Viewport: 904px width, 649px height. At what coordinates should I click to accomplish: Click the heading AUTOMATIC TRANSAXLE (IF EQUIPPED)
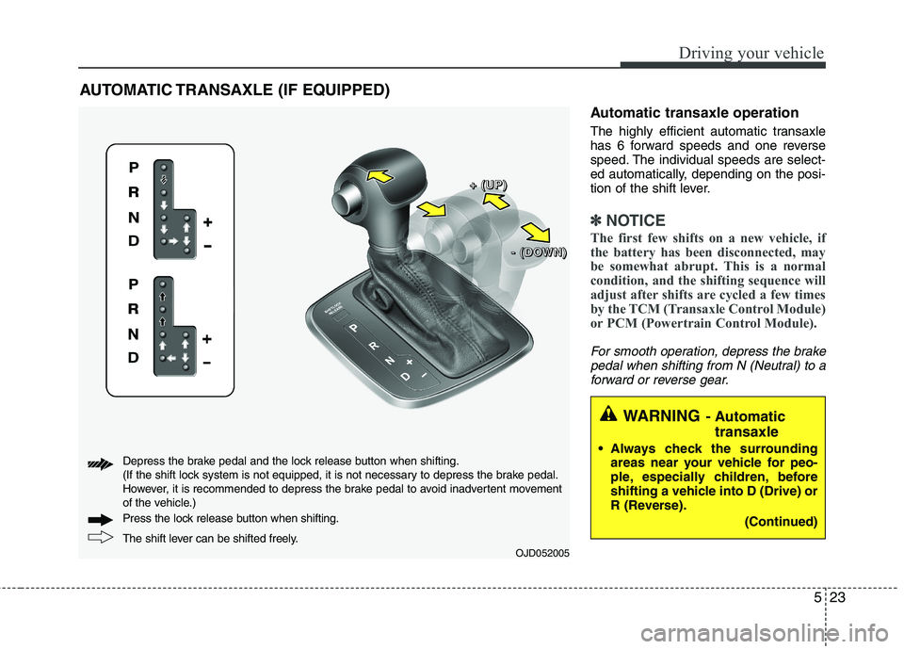(233, 91)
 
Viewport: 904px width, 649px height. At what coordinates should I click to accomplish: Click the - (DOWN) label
(533, 252)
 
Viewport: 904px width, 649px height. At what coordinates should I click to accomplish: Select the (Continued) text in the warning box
(781, 521)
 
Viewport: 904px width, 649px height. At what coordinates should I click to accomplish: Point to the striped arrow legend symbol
(99, 462)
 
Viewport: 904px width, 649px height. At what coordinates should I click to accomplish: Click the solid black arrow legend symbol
(99, 518)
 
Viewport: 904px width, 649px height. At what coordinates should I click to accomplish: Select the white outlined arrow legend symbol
(99, 538)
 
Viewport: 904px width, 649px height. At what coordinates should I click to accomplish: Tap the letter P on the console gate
(354, 327)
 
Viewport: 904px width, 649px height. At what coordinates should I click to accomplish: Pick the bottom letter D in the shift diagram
(134, 359)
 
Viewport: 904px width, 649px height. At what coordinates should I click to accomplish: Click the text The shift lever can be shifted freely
(211, 538)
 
